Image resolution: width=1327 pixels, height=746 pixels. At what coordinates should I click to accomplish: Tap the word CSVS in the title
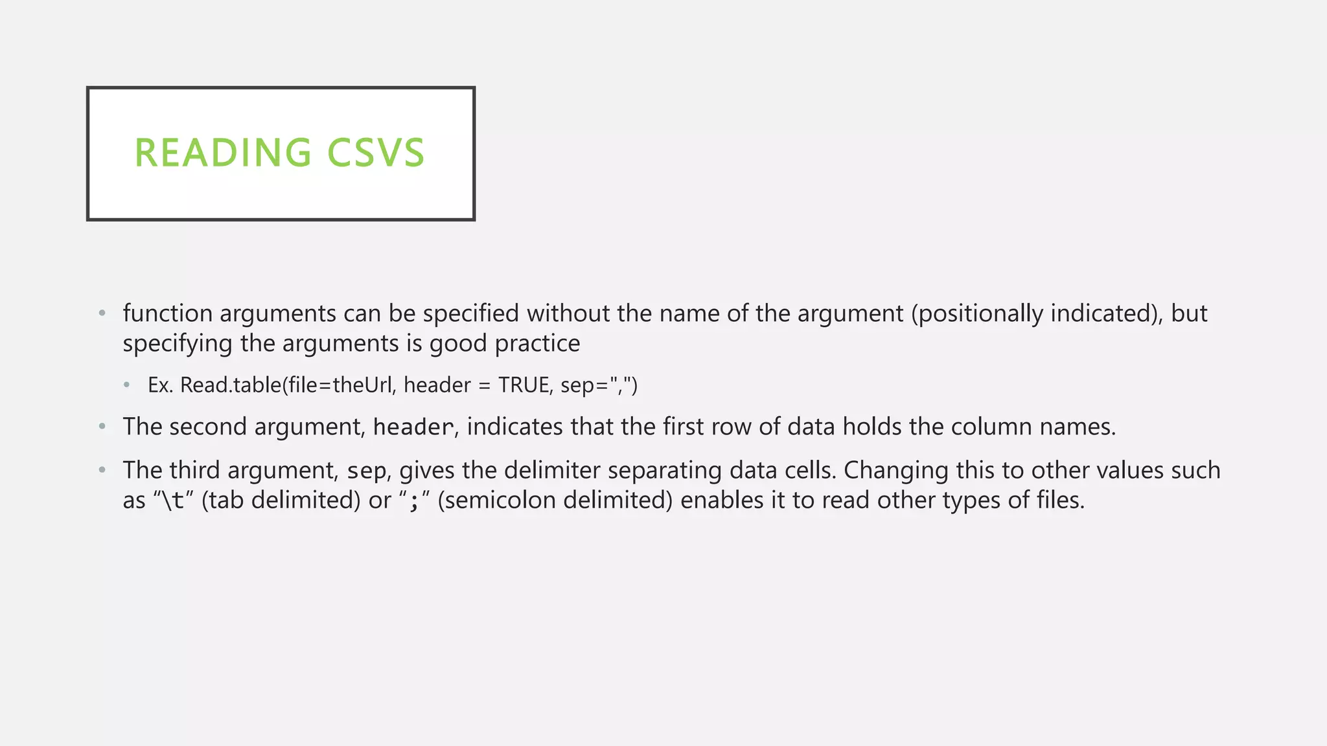(376, 153)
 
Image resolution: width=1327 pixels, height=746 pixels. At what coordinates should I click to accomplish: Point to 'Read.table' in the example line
(231, 385)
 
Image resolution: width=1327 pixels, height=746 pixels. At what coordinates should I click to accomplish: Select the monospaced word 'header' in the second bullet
(413, 427)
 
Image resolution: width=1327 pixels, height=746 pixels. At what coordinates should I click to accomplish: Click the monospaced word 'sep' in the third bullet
(367, 471)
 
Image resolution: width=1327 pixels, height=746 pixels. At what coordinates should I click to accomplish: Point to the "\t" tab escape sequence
(173, 501)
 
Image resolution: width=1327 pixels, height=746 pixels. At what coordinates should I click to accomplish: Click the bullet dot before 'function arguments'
(102, 314)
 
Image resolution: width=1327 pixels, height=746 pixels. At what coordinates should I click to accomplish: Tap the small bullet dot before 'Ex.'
(127, 385)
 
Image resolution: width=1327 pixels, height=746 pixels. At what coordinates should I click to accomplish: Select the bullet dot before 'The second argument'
(102, 427)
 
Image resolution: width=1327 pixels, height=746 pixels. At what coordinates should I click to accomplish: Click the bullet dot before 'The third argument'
(102, 471)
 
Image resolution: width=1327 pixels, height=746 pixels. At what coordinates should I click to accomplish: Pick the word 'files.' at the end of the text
(1060, 501)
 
